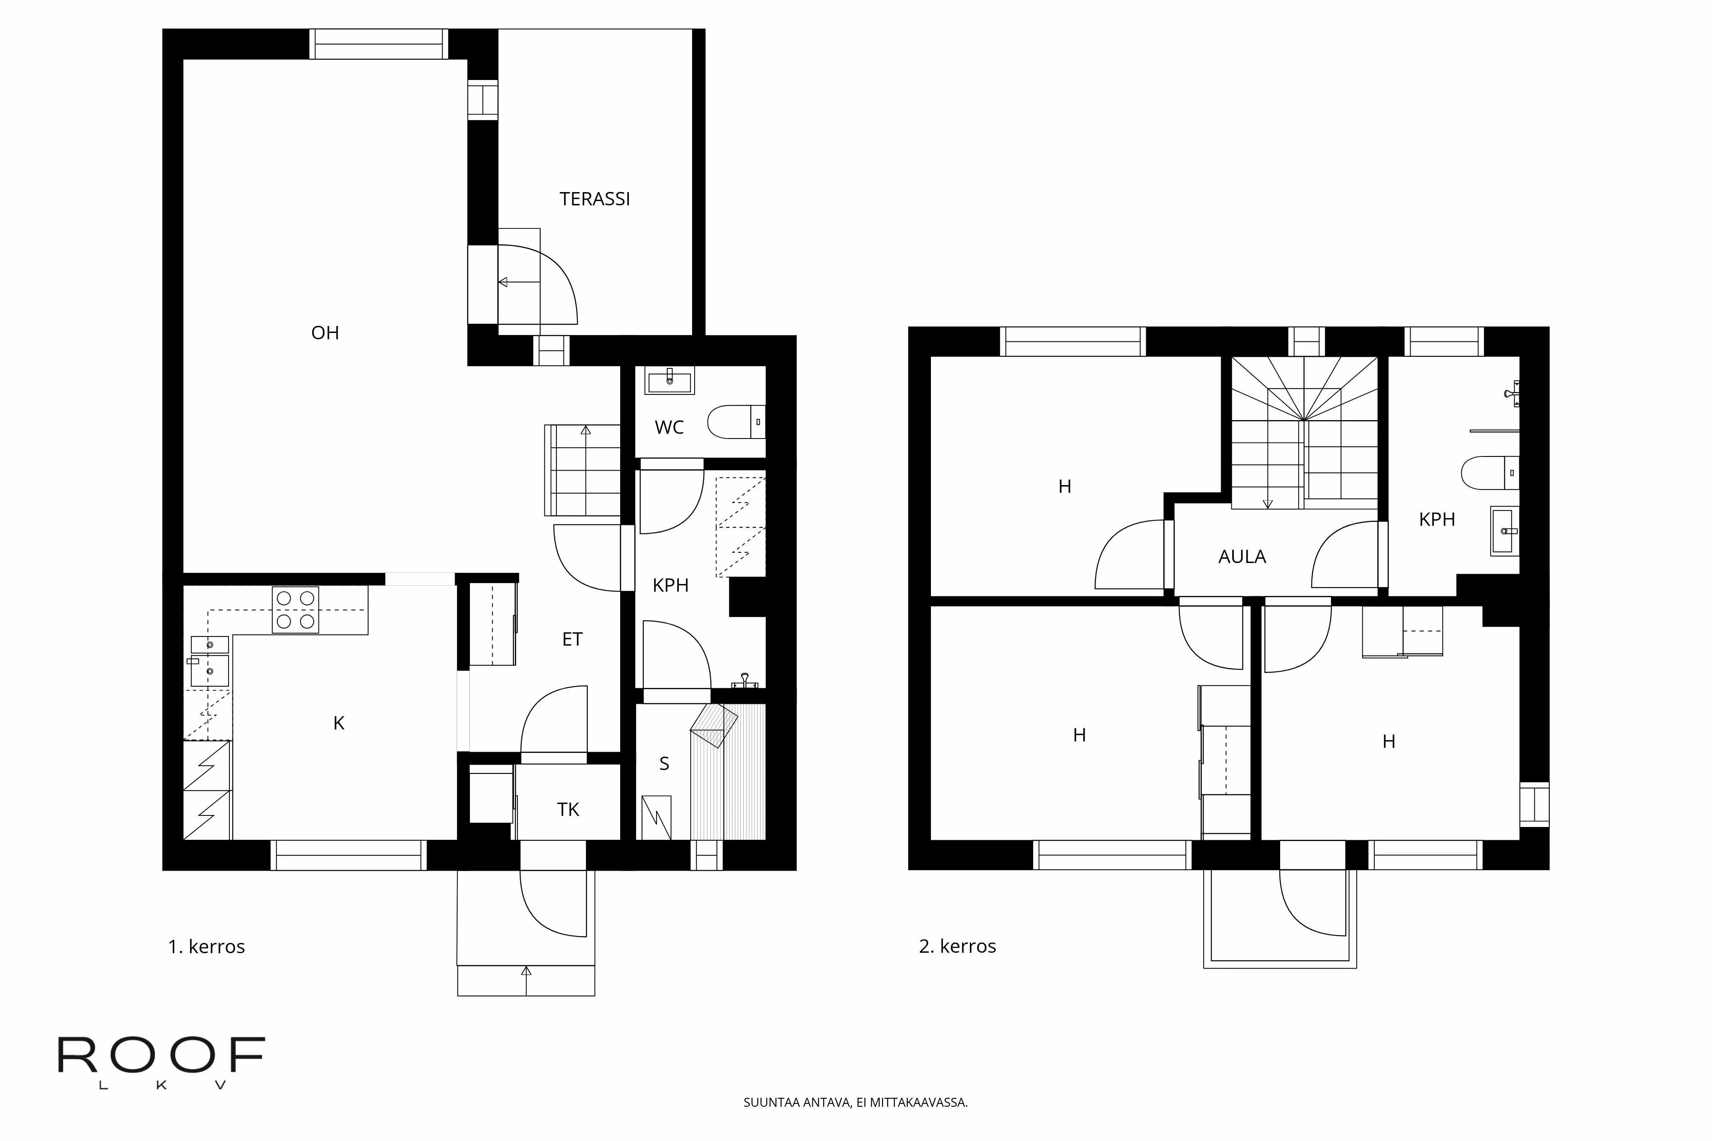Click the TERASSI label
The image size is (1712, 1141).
pos(594,199)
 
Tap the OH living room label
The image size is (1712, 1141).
pos(325,332)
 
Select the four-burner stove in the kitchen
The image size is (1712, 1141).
pos(295,610)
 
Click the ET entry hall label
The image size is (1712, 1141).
pos(572,639)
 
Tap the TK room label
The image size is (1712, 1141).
pos(568,809)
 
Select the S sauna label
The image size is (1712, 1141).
pos(664,763)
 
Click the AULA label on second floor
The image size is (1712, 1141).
pos(1242,557)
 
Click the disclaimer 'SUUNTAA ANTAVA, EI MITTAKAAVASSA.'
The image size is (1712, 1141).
pos(855,1102)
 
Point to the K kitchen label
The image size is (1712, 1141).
pos(339,723)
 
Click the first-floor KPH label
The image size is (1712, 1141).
pos(670,585)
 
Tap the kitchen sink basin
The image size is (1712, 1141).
pos(210,670)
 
